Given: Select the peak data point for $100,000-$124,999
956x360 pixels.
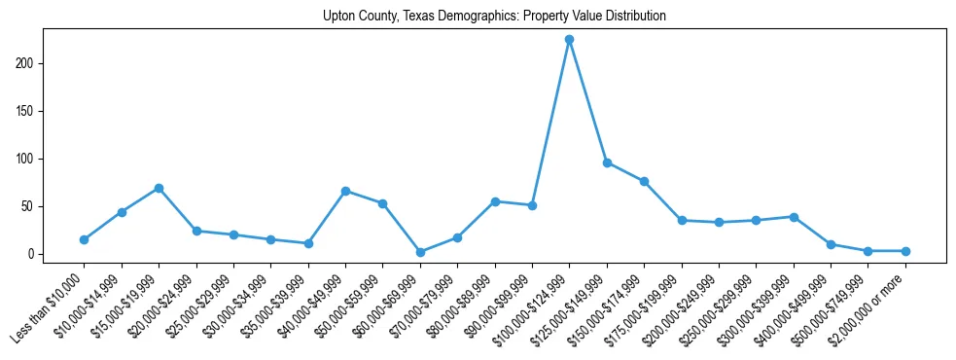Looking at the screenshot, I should pyautogui.click(x=569, y=40).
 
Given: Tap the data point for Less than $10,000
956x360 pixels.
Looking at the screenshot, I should pyautogui.click(x=84, y=239).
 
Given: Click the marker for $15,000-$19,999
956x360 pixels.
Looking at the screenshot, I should pyautogui.click(x=159, y=188).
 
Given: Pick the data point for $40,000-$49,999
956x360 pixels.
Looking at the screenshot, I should pyautogui.click(x=345, y=191).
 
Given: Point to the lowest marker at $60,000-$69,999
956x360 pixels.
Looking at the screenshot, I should pyautogui.click(x=420, y=252).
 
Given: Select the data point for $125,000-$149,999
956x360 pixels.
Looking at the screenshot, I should pyautogui.click(x=607, y=162).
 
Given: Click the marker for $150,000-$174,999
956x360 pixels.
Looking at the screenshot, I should pyautogui.click(x=644, y=181).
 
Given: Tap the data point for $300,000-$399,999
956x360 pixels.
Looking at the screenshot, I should pyautogui.click(x=794, y=217).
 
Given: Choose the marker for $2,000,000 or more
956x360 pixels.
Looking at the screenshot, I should pyautogui.click(x=905, y=251).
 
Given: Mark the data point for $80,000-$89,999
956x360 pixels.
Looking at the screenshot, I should pyautogui.click(x=495, y=201).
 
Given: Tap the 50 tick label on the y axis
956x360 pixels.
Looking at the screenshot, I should pyautogui.click(x=29, y=206).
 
